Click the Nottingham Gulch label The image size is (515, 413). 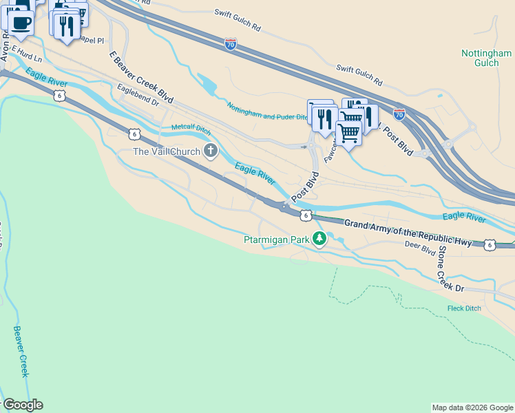485,57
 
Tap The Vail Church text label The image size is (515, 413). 167,151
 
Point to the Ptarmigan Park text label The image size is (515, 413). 277,240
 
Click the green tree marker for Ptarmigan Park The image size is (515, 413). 319,239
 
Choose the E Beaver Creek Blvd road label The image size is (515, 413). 141,76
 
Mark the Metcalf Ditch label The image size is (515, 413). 191,127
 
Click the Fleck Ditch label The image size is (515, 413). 464,308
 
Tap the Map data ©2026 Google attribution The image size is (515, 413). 472,407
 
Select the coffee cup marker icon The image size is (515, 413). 21,21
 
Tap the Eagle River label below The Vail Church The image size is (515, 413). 255,173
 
